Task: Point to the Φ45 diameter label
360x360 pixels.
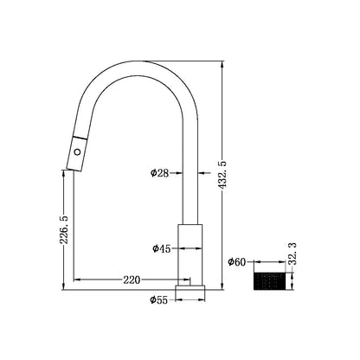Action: (161, 248)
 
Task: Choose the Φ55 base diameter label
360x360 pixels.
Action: (157, 300)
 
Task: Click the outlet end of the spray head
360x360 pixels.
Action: (74, 165)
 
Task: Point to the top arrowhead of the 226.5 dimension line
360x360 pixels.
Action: (62, 170)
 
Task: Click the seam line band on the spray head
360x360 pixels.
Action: (80, 138)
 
